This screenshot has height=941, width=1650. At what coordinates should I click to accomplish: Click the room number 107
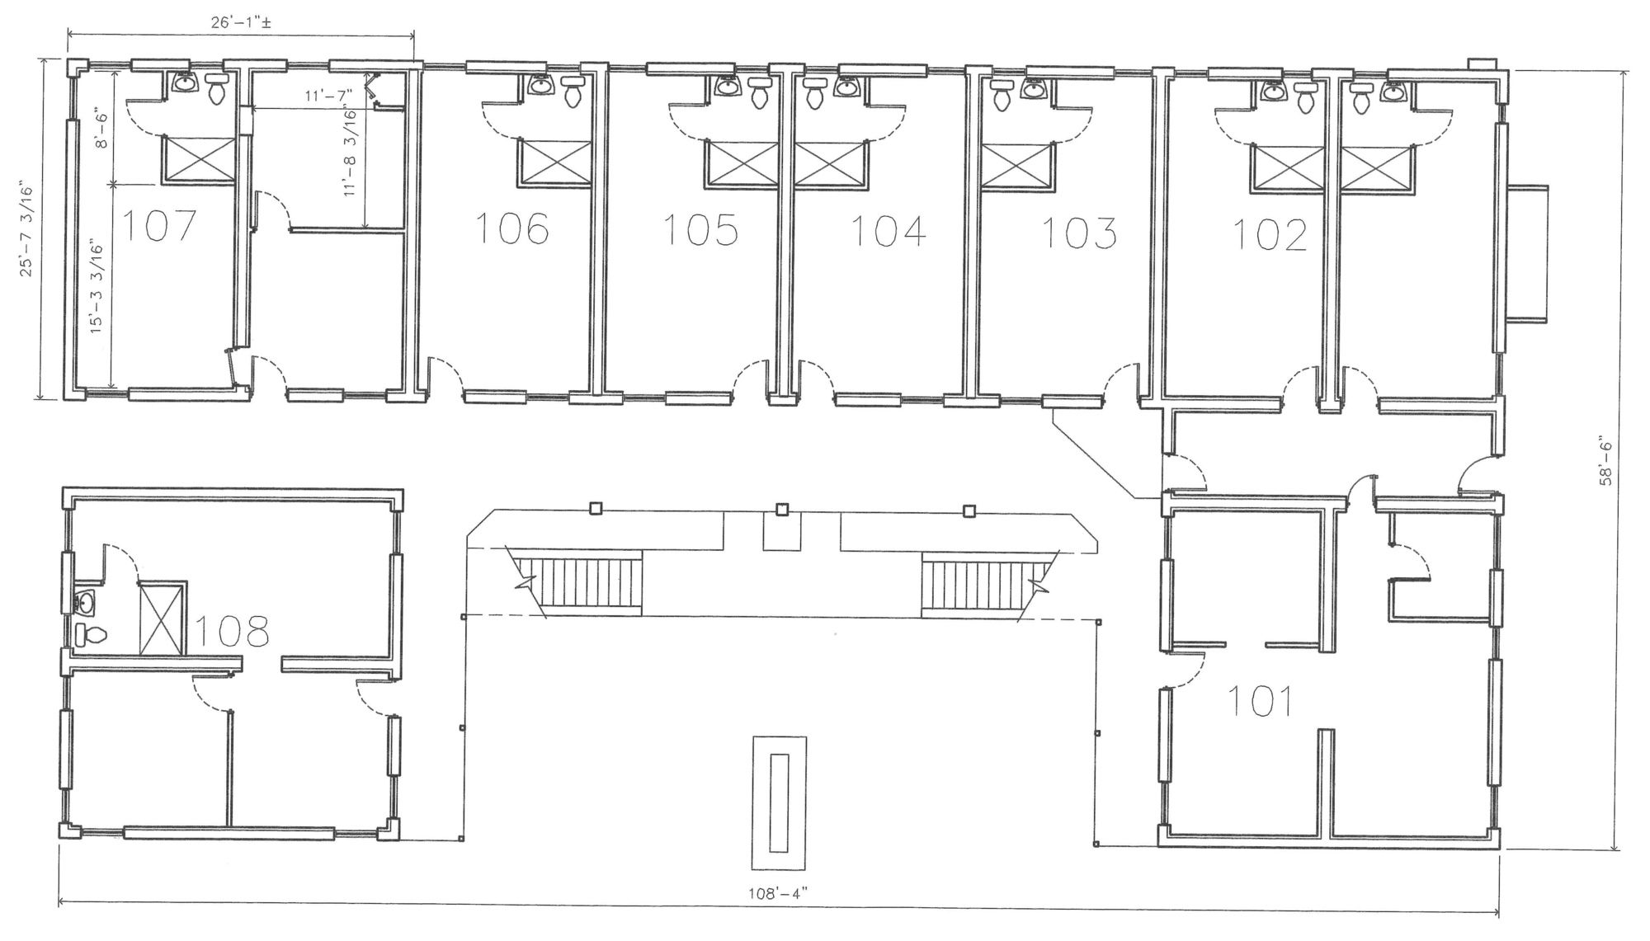[160, 226]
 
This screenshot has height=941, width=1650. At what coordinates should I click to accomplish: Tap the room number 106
[512, 228]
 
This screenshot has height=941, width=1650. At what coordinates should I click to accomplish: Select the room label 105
[701, 230]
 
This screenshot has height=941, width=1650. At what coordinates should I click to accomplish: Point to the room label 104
[888, 231]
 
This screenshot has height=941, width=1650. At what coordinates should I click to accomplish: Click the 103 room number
[1080, 233]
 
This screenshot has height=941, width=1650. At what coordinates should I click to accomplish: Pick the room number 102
[1270, 234]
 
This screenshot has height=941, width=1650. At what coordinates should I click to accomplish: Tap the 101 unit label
[1260, 701]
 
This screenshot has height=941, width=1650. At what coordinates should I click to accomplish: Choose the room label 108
[232, 630]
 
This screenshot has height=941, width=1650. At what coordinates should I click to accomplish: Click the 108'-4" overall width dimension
[779, 892]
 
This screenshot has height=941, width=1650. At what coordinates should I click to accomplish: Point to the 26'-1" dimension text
[241, 23]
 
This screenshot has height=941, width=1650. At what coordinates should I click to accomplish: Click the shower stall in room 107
[199, 158]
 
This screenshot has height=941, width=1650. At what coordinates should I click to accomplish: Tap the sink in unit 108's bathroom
[83, 602]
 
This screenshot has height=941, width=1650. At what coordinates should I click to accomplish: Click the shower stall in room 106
[554, 162]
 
